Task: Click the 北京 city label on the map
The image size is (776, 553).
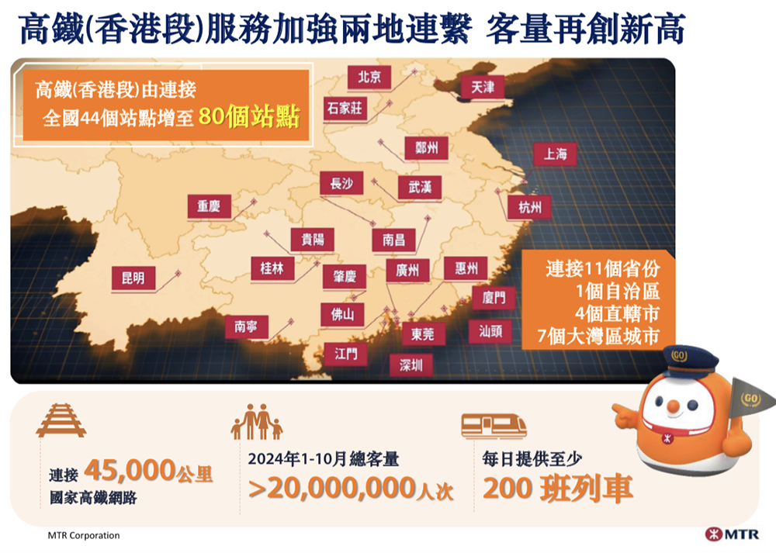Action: click(369, 77)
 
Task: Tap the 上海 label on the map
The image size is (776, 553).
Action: click(556, 154)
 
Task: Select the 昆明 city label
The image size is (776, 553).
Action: click(133, 278)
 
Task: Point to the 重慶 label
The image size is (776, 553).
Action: click(209, 206)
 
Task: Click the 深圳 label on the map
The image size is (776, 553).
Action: click(411, 365)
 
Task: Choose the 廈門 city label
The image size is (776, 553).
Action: click(494, 297)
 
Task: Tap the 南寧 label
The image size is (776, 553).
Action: click(246, 327)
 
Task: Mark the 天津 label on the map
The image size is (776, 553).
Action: click(483, 88)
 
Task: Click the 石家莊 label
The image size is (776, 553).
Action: click(345, 108)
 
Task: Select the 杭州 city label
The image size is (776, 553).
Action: click(530, 206)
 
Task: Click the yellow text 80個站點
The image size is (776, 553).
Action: click(248, 118)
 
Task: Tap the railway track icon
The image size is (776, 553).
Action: click(61, 422)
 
